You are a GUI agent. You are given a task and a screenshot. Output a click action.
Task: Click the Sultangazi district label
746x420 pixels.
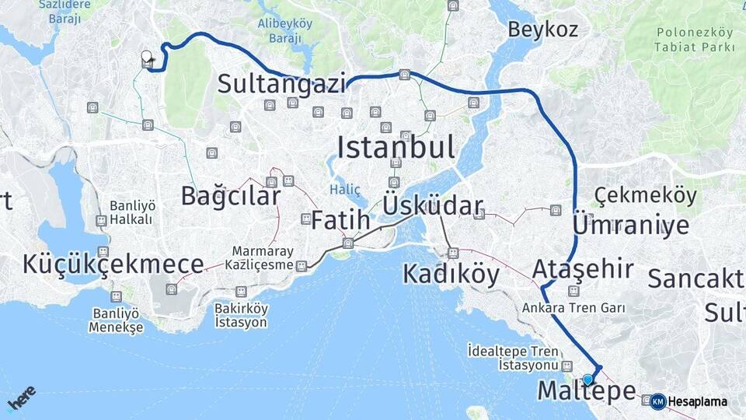pos(281,83)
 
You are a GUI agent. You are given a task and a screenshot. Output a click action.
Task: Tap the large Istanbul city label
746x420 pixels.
pos(396,146)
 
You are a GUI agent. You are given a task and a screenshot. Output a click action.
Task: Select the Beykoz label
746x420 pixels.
pos(542,30)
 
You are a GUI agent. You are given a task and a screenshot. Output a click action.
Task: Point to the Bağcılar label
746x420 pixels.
pos(230,195)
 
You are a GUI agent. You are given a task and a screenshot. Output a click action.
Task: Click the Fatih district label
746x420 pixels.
pos(340,220)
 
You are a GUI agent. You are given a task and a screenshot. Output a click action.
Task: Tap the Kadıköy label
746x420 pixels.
pos(451,274)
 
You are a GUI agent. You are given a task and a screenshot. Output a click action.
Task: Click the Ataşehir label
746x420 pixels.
pos(583,269)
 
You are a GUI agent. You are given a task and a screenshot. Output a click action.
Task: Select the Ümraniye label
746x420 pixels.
pos(630,225)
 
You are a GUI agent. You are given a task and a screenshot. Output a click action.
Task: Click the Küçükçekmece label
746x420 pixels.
pos(113,264)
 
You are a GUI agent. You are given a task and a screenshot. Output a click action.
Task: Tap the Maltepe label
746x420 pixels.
pos(586,390)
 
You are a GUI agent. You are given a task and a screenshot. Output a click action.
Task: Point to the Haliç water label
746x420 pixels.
pos(345,188)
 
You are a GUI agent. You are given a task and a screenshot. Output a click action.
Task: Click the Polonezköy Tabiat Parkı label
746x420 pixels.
pos(695,40)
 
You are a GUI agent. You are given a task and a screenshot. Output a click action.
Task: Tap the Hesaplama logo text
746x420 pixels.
pos(697,402)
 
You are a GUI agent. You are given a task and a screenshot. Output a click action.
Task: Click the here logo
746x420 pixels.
pos(21,398)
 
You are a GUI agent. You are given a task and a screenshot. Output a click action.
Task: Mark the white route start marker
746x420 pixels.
pos(146,56)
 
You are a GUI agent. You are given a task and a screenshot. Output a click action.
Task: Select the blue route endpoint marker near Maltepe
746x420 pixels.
pos(587,380)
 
